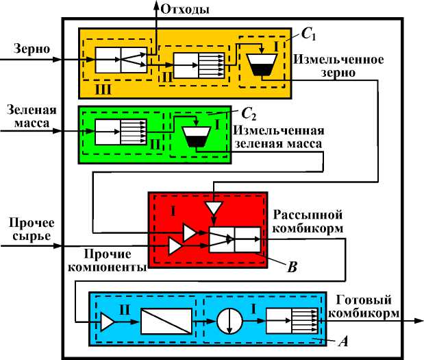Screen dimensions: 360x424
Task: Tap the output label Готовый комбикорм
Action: (367, 306)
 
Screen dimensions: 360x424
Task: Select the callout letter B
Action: (292, 268)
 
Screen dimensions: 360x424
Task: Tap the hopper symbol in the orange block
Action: (260, 64)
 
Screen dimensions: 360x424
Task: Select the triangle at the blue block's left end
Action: (108, 322)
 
